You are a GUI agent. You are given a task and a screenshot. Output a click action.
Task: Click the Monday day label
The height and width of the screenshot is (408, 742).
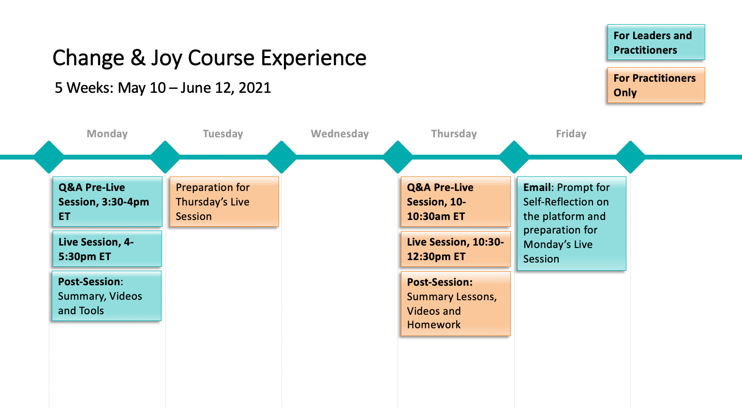(107, 134)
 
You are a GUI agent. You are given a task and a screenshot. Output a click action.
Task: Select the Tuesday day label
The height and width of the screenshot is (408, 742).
(223, 134)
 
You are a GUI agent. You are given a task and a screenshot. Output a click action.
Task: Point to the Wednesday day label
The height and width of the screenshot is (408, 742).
(340, 134)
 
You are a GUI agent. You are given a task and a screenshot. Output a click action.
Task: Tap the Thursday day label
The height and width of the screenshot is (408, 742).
(454, 134)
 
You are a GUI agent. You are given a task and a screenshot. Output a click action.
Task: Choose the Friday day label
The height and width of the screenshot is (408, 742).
(571, 134)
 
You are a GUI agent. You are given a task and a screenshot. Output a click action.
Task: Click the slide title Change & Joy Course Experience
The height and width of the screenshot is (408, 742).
(209, 58)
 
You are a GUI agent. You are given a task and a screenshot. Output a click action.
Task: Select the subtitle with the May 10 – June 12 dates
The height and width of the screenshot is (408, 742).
(163, 88)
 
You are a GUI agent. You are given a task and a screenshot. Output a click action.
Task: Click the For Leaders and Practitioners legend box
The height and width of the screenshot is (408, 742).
(656, 43)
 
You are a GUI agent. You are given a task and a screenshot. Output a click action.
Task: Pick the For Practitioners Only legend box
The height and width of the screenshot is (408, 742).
(656, 85)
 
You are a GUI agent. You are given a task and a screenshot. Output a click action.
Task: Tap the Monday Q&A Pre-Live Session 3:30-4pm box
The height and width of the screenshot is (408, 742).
(107, 202)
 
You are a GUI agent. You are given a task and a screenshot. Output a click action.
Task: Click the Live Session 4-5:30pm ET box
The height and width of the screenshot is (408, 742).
(107, 249)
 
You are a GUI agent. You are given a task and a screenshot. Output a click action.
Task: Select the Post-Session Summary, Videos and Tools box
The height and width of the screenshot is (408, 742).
(107, 296)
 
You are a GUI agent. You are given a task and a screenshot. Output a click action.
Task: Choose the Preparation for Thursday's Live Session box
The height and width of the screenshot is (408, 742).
(224, 202)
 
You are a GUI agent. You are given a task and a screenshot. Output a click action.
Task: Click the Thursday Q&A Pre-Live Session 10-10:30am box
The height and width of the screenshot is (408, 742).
(456, 202)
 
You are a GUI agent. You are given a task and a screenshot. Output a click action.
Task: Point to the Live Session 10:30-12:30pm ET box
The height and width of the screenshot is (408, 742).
(456, 249)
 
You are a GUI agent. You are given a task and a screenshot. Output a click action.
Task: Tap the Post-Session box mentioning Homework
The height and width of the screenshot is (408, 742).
(456, 304)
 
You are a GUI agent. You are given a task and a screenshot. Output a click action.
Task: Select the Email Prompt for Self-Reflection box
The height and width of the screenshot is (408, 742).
(572, 223)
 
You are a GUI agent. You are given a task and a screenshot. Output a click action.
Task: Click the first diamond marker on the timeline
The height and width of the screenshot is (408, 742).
(49, 157)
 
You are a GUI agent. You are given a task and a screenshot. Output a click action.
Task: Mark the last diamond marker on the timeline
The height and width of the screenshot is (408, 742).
(630, 157)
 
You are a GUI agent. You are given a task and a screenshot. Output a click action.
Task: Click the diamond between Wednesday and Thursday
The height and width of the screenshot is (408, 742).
(398, 157)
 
